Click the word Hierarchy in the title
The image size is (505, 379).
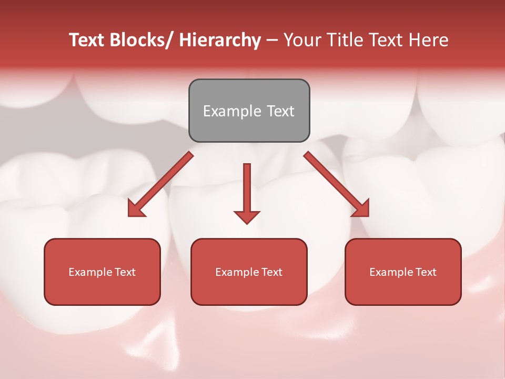(x=220, y=40)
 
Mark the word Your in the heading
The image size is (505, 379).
(x=302, y=40)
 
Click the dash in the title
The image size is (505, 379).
(x=272, y=41)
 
